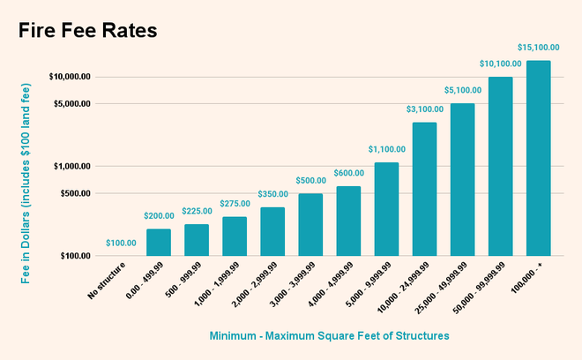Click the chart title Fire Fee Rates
(x=87, y=31)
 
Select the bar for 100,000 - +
(x=538, y=158)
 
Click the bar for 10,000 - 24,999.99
(x=424, y=189)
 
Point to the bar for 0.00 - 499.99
(x=159, y=242)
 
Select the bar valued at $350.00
(x=272, y=231)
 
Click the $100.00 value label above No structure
(x=121, y=243)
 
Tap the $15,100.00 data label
(x=538, y=48)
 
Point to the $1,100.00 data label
(x=386, y=150)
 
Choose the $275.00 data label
(x=235, y=204)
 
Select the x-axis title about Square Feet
(x=329, y=336)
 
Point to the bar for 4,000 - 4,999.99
(x=348, y=221)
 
